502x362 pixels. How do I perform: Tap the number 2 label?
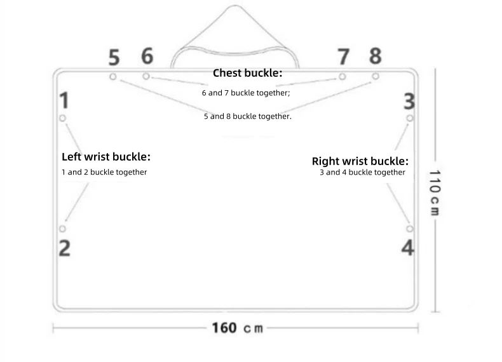pos(64,248)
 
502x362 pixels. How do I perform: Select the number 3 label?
pos(410,100)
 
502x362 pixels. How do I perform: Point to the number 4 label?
pos(408,248)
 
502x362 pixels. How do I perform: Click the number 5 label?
pos(114,58)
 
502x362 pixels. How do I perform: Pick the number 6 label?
pos(147,57)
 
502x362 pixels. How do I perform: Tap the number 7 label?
pos(343,57)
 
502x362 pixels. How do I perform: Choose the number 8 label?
pos(376,56)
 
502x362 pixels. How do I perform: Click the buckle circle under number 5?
pos(112,77)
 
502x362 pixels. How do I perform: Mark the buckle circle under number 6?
pos(146,76)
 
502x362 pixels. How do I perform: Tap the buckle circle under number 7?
pos(343,77)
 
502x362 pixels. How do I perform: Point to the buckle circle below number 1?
pos(62,118)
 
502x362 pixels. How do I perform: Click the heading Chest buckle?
pos(247,74)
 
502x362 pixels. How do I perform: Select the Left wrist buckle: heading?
pos(106,157)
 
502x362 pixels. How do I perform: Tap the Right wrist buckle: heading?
pos(360,161)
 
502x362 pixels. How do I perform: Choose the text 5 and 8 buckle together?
pos(247,117)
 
